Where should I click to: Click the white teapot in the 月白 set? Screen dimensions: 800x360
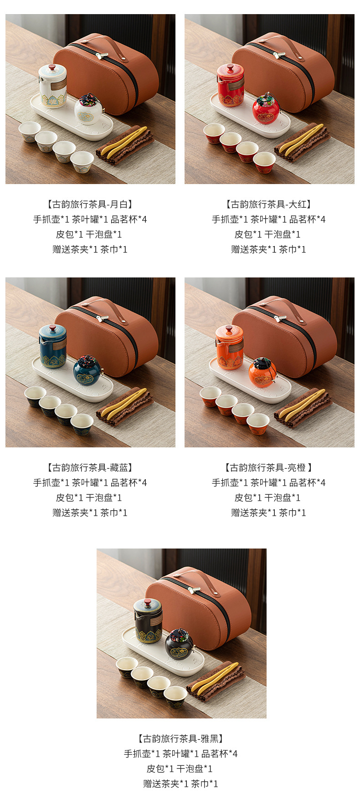[x=52, y=87]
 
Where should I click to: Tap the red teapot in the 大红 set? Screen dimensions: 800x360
[x=231, y=86]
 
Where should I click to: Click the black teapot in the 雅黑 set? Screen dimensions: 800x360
[x=148, y=621]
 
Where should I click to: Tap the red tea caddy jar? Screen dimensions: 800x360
[x=266, y=109]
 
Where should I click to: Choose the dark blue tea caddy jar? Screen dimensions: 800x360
[x=87, y=371]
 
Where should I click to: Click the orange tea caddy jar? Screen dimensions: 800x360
[x=262, y=373]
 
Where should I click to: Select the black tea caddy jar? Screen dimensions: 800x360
[x=178, y=645]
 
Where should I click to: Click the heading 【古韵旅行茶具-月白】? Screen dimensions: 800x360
[x=90, y=205]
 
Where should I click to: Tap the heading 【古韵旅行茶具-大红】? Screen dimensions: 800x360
[x=268, y=205]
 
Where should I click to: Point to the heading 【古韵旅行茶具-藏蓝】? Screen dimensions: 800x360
[x=90, y=467]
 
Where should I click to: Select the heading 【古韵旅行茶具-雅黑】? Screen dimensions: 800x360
[x=180, y=738]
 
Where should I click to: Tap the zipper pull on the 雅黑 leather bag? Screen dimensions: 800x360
[x=193, y=590]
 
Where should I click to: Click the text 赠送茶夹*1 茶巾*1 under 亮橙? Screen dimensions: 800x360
[x=268, y=513]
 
